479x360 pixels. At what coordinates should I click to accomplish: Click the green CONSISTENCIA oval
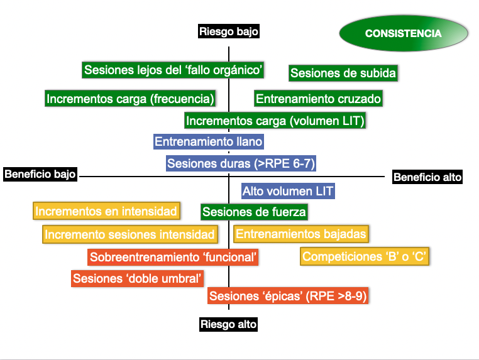[x=404, y=33]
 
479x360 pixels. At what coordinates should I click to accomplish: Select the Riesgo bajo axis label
[x=229, y=31]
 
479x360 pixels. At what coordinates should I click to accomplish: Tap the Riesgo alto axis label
[x=229, y=324]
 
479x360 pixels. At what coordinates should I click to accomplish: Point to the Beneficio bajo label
[x=40, y=174]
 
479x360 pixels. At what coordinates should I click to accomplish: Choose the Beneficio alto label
[x=427, y=177]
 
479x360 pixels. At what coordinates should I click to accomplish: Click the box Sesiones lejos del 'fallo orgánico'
[x=173, y=70]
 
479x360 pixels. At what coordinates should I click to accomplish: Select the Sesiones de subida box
[x=343, y=73]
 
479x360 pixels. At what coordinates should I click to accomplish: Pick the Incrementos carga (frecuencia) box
[x=130, y=98]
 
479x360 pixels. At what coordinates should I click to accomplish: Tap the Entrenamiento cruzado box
[x=318, y=98]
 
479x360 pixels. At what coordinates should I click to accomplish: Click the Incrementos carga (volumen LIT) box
[x=275, y=120]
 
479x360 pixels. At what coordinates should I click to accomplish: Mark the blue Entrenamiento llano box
[x=209, y=141]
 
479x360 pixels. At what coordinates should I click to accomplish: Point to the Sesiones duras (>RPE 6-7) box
[x=241, y=163]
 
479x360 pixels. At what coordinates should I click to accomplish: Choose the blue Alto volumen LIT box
[x=288, y=191]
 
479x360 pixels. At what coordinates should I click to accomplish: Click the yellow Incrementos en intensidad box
[x=106, y=210]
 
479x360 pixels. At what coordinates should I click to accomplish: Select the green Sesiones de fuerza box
[x=254, y=212]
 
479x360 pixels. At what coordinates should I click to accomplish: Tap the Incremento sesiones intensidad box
[x=130, y=234]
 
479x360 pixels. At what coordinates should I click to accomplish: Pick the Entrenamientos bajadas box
[x=301, y=234]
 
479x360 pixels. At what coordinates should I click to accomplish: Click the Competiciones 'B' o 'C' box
[x=365, y=256]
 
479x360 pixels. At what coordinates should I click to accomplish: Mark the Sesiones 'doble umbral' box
[x=138, y=278]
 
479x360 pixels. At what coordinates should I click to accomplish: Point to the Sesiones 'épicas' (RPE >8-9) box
[x=288, y=295]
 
